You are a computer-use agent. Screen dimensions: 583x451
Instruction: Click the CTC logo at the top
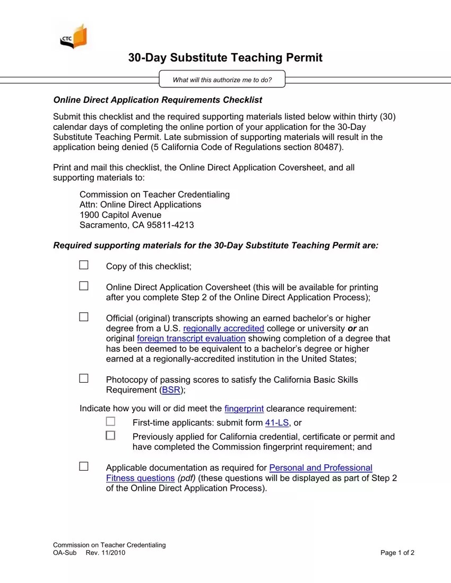[x=73, y=37]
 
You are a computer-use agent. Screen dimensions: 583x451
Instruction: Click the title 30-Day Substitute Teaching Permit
[x=225, y=58]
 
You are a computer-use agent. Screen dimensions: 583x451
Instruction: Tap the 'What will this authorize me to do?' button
[x=222, y=80]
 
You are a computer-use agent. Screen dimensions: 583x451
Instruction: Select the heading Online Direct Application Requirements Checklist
[x=158, y=100]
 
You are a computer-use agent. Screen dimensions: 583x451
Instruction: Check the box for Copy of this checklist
[x=84, y=265]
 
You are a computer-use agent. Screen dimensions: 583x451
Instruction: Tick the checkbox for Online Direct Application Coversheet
[x=84, y=286]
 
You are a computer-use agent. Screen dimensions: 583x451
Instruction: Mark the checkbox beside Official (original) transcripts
[x=84, y=317]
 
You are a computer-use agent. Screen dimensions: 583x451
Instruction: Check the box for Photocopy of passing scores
[x=84, y=378]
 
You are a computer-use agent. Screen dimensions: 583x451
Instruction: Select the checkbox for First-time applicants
[x=110, y=421]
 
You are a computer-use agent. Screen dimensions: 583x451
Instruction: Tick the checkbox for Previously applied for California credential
[x=110, y=436]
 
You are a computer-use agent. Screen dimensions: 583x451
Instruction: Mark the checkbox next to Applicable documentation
[x=84, y=466]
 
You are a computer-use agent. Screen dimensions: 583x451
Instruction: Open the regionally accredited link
[x=223, y=329]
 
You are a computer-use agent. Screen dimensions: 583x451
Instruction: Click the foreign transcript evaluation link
[x=191, y=339]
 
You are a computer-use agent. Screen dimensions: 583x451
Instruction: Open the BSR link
[x=171, y=390]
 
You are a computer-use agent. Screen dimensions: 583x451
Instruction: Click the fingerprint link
[x=244, y=409]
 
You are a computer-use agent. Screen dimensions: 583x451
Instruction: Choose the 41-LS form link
[x=277, y=423]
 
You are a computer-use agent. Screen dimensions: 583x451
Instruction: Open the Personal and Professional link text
[x=320, y=467]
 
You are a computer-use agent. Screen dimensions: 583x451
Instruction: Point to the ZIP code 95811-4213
[x=166, y=225]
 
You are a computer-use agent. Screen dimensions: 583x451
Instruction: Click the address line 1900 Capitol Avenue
[x=120, y=215]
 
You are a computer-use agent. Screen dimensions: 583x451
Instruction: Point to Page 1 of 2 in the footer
[x=397, y=553]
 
